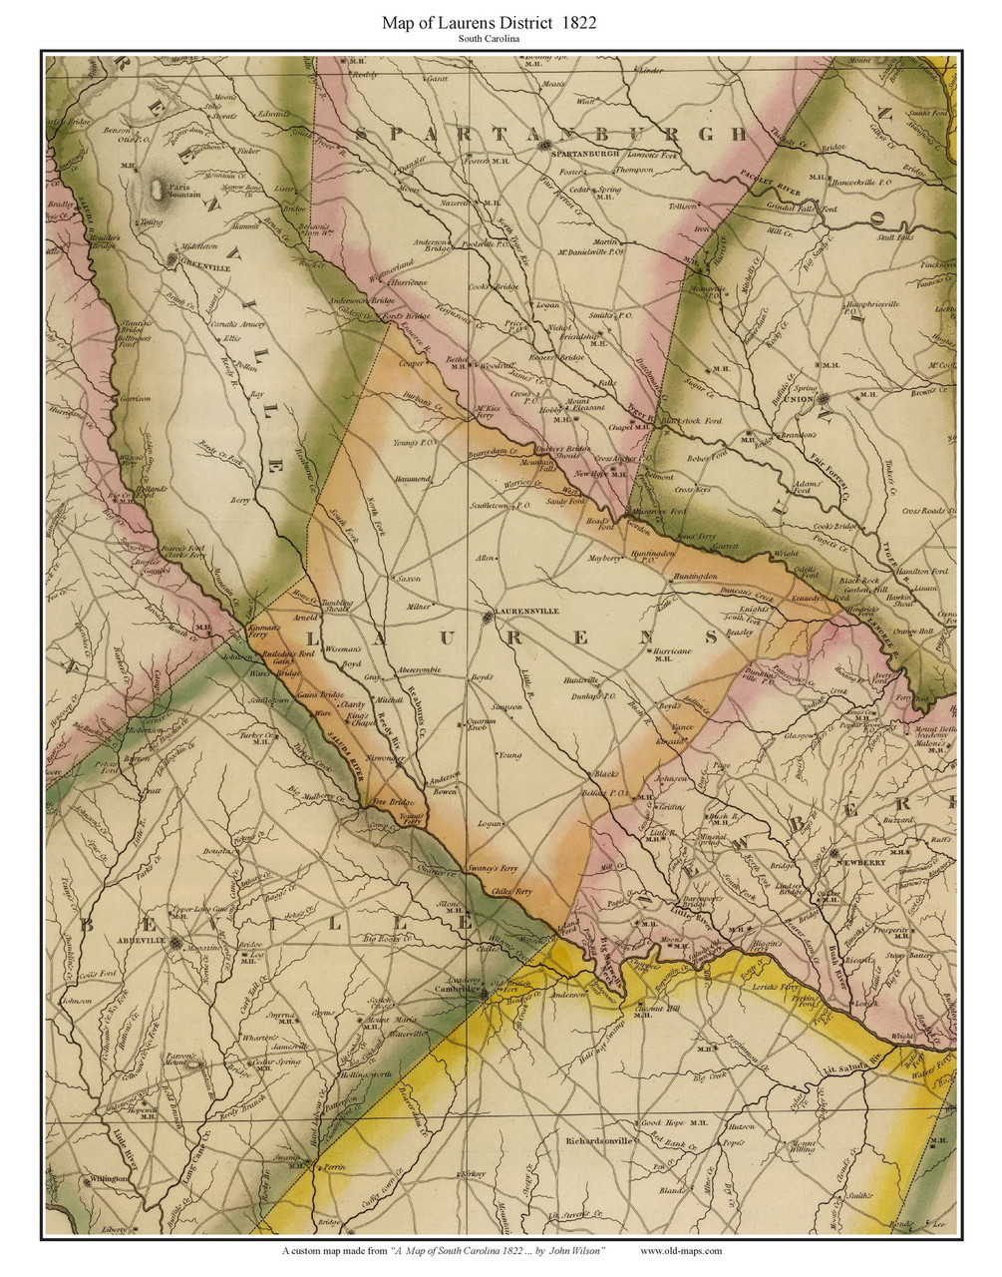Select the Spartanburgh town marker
click(x=544, y=147)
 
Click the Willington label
click(x=109, y=1178)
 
